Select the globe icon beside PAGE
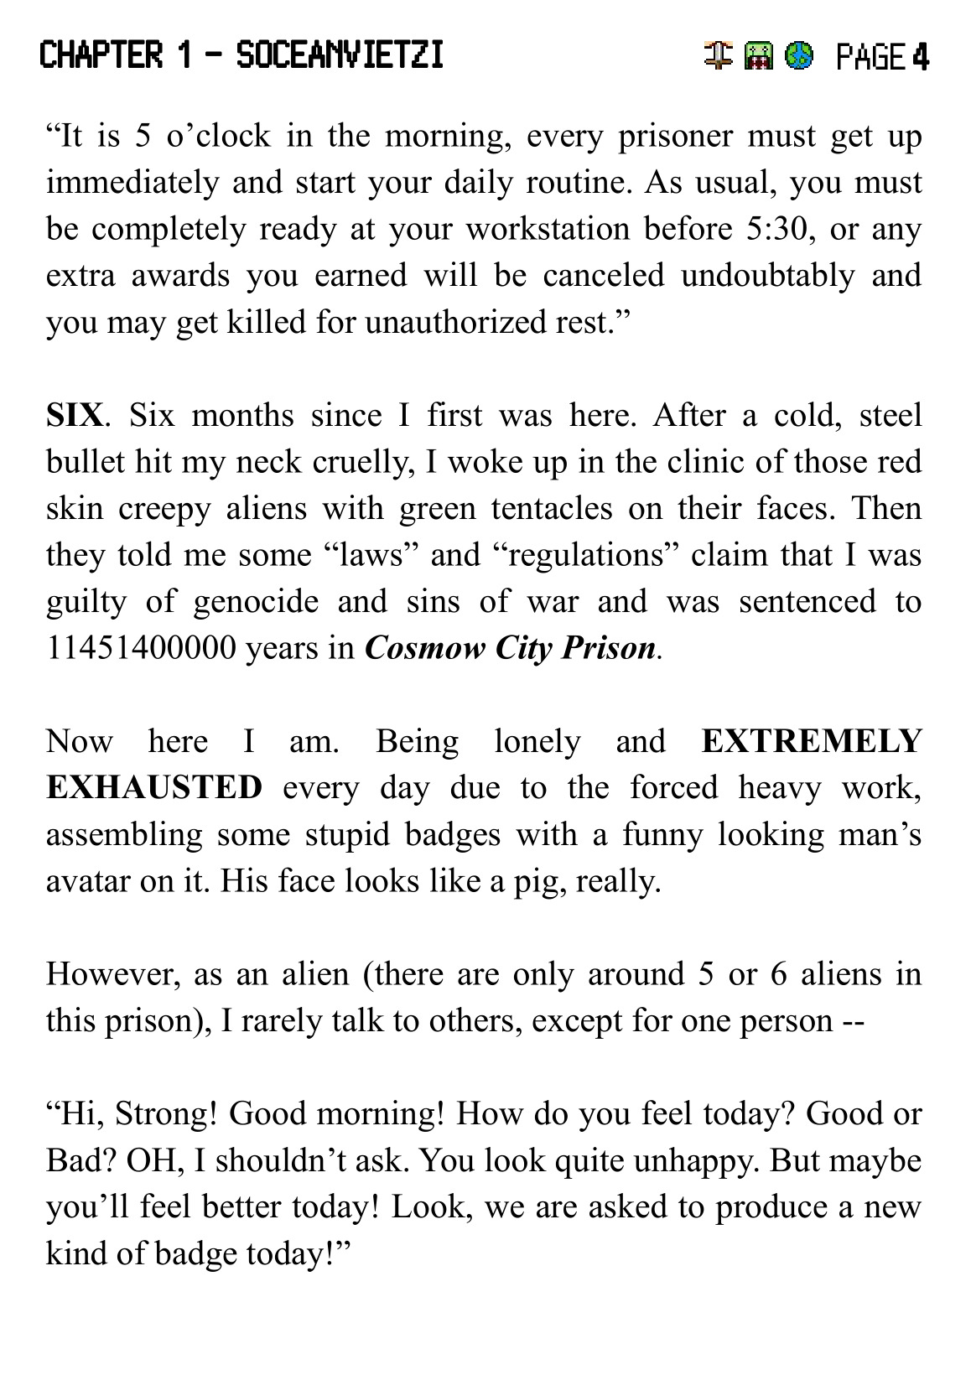800,56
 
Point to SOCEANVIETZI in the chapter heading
340,56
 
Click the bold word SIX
75,415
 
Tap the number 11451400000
141,648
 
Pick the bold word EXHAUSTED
154,788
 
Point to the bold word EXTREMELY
811,741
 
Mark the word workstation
548,229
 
